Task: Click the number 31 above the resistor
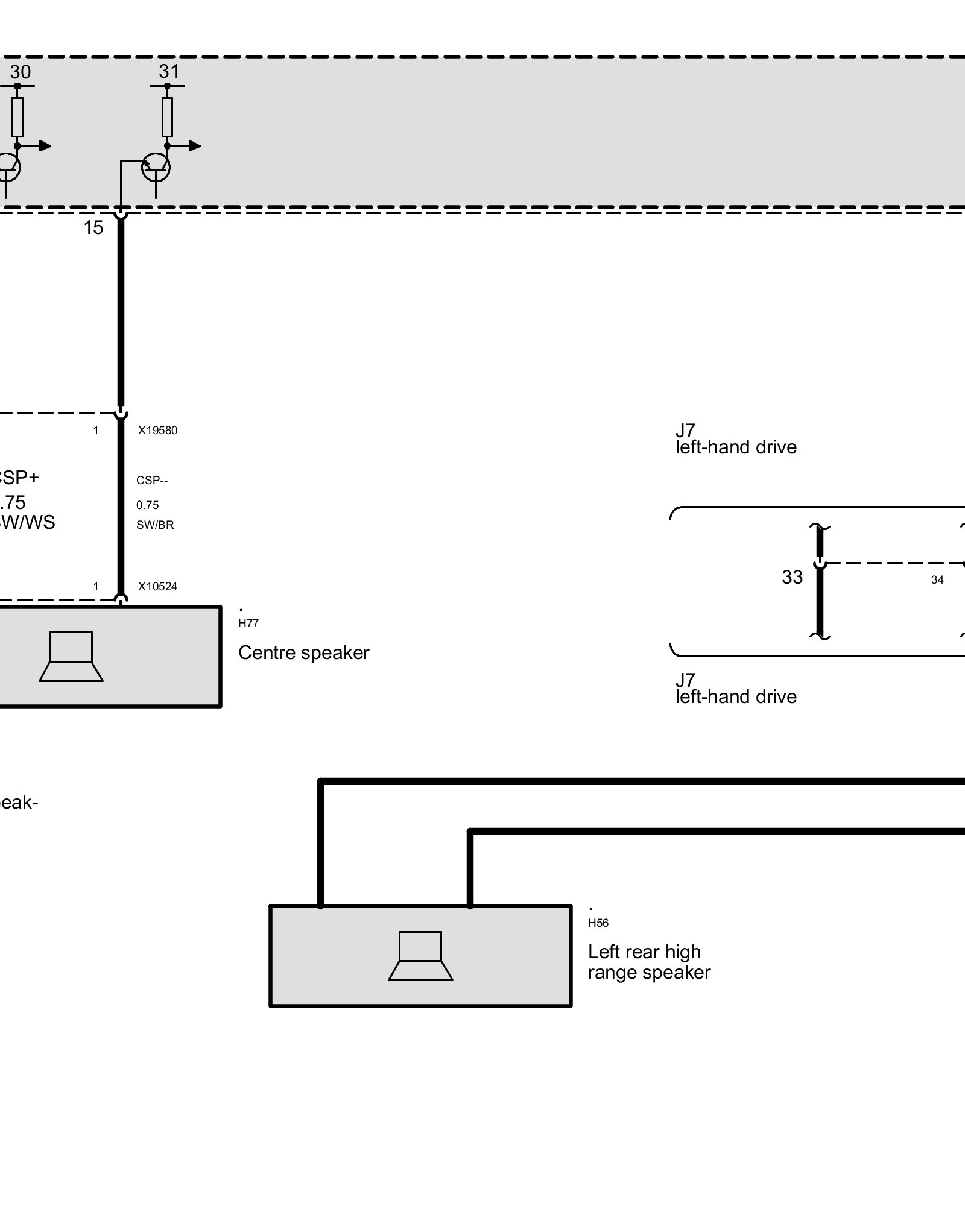[169, 72]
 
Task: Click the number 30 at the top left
[20, 72]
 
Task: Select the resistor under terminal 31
[167, 117]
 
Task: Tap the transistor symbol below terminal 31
[156, 167]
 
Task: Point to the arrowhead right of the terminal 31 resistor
[194, 145]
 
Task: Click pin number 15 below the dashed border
[93, 227]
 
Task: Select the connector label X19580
[157, 431]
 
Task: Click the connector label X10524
[157, 586]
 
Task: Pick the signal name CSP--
[152, 481]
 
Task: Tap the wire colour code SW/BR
[155, 525]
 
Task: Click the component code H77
[248, 624]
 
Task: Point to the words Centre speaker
[303, 652]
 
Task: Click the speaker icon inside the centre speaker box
[71, 657]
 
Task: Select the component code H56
[598, 923]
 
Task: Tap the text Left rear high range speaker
[649, 962]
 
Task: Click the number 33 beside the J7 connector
[792, 578]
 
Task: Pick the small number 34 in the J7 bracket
[937, 580]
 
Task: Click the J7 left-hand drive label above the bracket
[735, 439]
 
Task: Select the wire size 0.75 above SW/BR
[148, 505]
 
